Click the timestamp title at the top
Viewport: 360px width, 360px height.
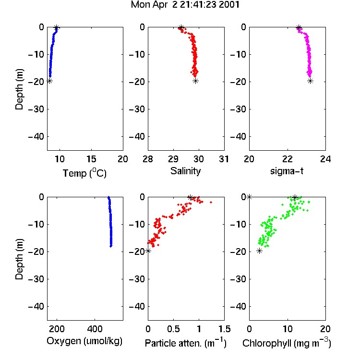tap(185, 5)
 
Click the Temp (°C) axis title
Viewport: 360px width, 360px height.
tap(84, 173)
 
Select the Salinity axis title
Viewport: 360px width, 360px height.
tap(185, 171)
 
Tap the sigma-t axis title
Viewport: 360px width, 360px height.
tap(287, 171)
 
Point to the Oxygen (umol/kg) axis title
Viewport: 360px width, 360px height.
tap(84, 341)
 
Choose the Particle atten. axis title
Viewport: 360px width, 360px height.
tap(186, 343)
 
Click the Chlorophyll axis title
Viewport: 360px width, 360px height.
tap(287, 343)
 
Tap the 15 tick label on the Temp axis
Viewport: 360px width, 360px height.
tap(91, 159)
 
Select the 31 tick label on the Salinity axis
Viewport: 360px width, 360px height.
tap(224, 159)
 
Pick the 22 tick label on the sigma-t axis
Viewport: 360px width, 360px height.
tap(288, 159)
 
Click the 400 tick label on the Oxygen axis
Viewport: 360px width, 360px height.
tap(95, 329)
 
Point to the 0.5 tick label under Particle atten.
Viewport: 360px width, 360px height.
tap(173, 329)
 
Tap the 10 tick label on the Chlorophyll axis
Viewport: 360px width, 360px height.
tap(288, 329)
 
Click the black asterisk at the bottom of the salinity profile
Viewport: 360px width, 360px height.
tap(196, 81)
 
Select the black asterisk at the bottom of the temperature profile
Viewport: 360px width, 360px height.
tap(49, 81)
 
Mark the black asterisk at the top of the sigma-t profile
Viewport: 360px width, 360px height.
tap(299, 28)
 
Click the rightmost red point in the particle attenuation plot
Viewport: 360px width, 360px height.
tap(211, 202)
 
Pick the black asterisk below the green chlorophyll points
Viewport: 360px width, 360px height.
tap(259, 251)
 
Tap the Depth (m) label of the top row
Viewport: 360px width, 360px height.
tap(19, 89)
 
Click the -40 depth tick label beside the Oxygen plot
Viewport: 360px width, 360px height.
tap(36, 306)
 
